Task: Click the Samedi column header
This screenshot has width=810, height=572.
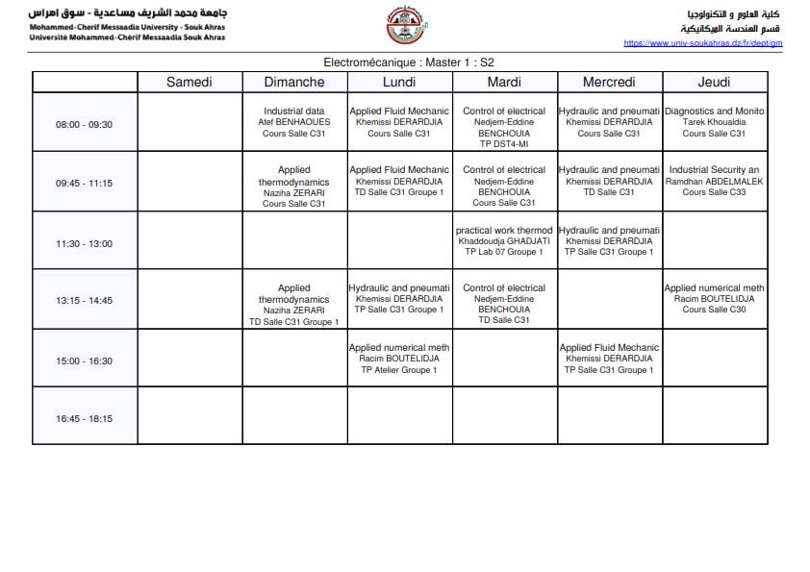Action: [190, 82]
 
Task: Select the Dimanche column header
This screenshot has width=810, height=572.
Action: [294, 82]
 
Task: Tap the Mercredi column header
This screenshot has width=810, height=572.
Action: [609, 82]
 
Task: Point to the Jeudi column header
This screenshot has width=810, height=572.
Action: [714, 82]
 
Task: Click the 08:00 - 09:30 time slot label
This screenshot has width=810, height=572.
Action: [84, 124]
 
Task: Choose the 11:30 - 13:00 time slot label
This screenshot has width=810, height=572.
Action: [84, 243]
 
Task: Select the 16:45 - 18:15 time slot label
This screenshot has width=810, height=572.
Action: [84, 418]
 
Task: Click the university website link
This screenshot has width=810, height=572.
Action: [702, 43]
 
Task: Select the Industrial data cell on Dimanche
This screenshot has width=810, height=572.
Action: [294, 122]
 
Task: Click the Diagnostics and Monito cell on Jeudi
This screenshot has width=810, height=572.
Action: [714, 122]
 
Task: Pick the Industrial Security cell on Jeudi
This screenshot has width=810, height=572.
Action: [714, 181]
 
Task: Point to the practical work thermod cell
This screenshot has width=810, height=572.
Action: [504, 240]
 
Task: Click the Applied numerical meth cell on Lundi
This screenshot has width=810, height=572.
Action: [399, 359]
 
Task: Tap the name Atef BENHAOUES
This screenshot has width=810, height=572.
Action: [294, 122]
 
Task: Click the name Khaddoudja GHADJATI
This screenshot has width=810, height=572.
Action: [504, 241]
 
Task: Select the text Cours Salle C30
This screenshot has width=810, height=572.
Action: [714, 310]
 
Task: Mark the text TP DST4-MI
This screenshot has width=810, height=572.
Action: [504, 144]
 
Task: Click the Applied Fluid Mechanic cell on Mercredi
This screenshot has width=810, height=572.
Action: [609, 359]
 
